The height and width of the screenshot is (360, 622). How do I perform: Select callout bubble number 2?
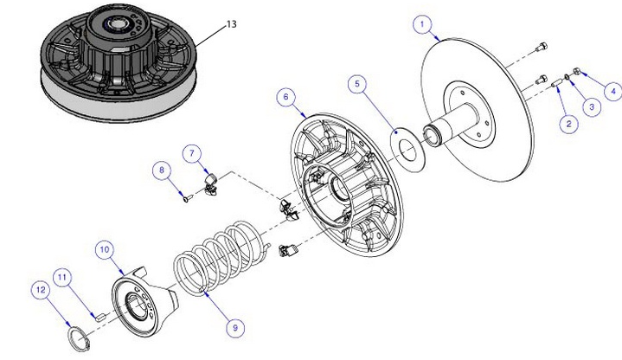click(x=568, y=124)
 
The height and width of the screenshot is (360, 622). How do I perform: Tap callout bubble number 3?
click(x=591, y=106)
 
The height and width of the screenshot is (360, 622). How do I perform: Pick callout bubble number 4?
click(x=613, y=89)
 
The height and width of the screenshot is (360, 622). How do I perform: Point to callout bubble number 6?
click(x=282, y=97)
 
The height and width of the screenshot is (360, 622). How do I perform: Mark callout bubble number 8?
click(x=160, y=170)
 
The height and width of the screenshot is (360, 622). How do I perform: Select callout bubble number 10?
click(x=105, y=249)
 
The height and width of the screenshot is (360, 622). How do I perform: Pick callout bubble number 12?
click(x=39, y=292)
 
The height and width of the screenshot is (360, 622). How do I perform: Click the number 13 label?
click(x=231, y=25)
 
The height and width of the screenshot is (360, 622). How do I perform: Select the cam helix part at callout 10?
click(x=143, y=303)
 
